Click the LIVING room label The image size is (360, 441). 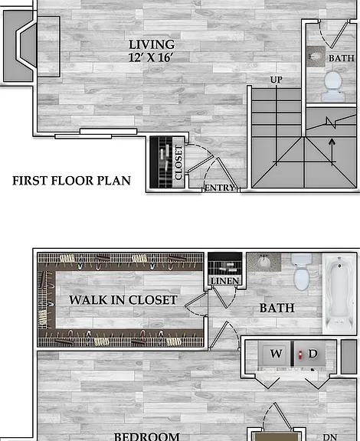tap(152, 44)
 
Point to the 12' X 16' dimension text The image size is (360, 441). tap(151, 57)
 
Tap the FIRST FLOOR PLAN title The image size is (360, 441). tap(71, 181)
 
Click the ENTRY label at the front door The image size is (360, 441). tap(219, 188)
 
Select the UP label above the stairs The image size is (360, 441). tap(276, 80)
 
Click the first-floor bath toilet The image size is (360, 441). tap(333, 86)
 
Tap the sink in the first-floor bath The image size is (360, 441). tap(316, 57)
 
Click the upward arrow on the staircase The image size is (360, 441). tap(332, 152)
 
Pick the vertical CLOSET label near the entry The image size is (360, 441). tap(178, 162)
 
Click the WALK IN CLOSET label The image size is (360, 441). tap(123, 300)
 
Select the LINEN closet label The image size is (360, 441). tap(225, 281)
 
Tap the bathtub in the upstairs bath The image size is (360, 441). tap(339, 294)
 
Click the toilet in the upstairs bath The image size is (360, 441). tap(302, 272)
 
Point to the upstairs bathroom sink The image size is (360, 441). tap(264, 262)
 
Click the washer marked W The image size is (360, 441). tap(274, 354)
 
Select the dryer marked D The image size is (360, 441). tap(309, 354)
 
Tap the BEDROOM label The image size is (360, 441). tap(146, 436)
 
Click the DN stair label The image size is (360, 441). tap(329, 437)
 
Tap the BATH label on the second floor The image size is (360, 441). tap(277, 308)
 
